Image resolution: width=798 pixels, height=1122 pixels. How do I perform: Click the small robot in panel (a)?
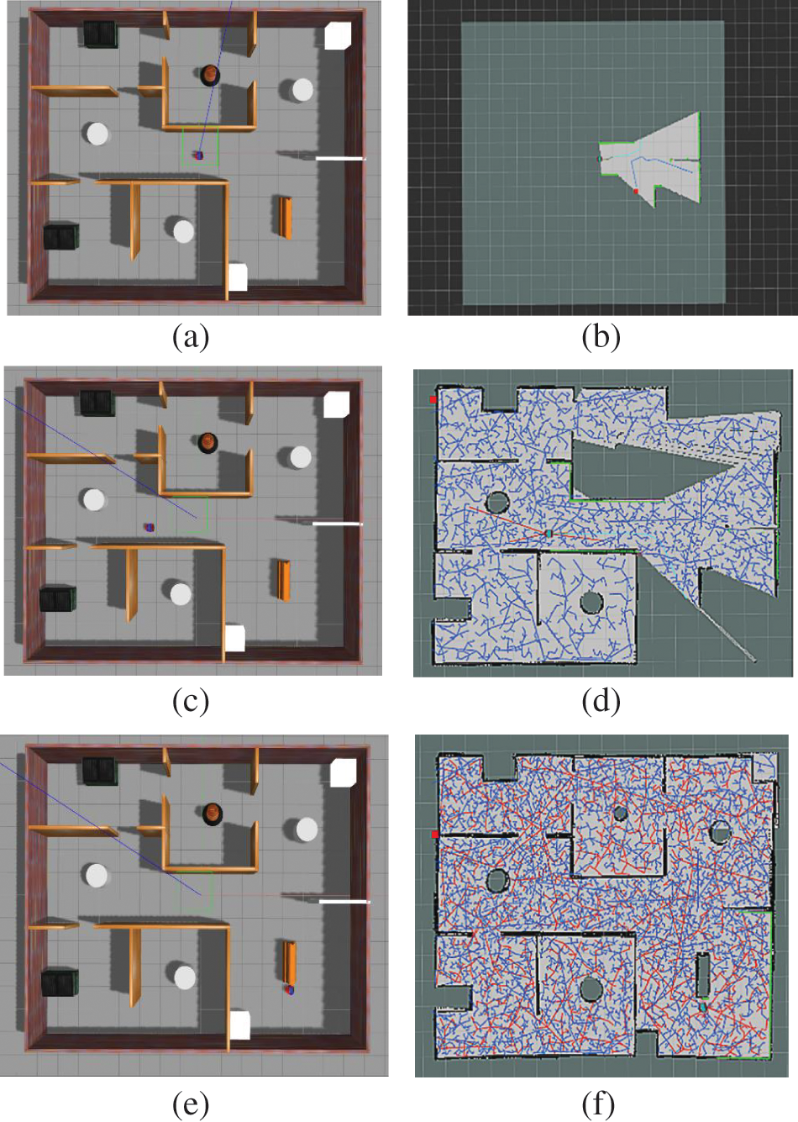(199, 155)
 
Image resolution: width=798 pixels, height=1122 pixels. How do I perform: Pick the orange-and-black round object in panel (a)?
(210, 75)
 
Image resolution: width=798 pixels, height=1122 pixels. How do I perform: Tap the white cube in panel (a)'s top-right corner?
(338, 35)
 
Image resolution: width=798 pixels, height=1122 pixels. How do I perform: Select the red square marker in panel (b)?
(636, 192)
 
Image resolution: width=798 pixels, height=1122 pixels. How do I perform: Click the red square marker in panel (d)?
(433, 400)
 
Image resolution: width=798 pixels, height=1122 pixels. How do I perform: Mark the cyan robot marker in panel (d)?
(549, 534)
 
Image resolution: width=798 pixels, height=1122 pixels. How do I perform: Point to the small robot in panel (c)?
(150, 527)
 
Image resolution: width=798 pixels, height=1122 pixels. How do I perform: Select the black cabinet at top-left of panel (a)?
(100, 34)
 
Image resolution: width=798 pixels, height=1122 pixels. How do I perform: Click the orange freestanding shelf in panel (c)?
(284, 580)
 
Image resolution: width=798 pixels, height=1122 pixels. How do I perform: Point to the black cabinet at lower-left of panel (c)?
(58, 599)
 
